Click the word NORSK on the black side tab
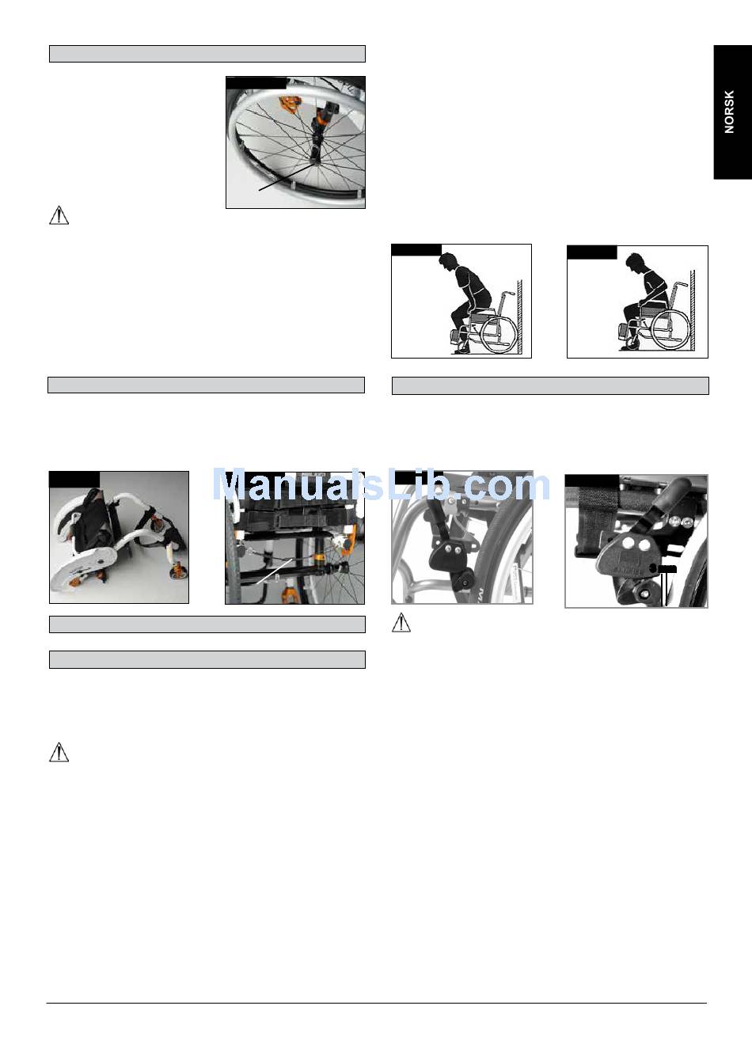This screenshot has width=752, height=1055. click(729, 112)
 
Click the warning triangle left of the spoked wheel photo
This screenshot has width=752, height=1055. click(59, 215)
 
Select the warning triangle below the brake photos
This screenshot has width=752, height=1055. click(401, 622)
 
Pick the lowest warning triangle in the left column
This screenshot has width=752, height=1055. click(59, 752)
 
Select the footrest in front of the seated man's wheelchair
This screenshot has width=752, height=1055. click(622, 332)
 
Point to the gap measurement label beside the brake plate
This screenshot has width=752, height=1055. click(663, 569)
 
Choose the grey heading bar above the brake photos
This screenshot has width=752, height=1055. click(550, 385)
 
